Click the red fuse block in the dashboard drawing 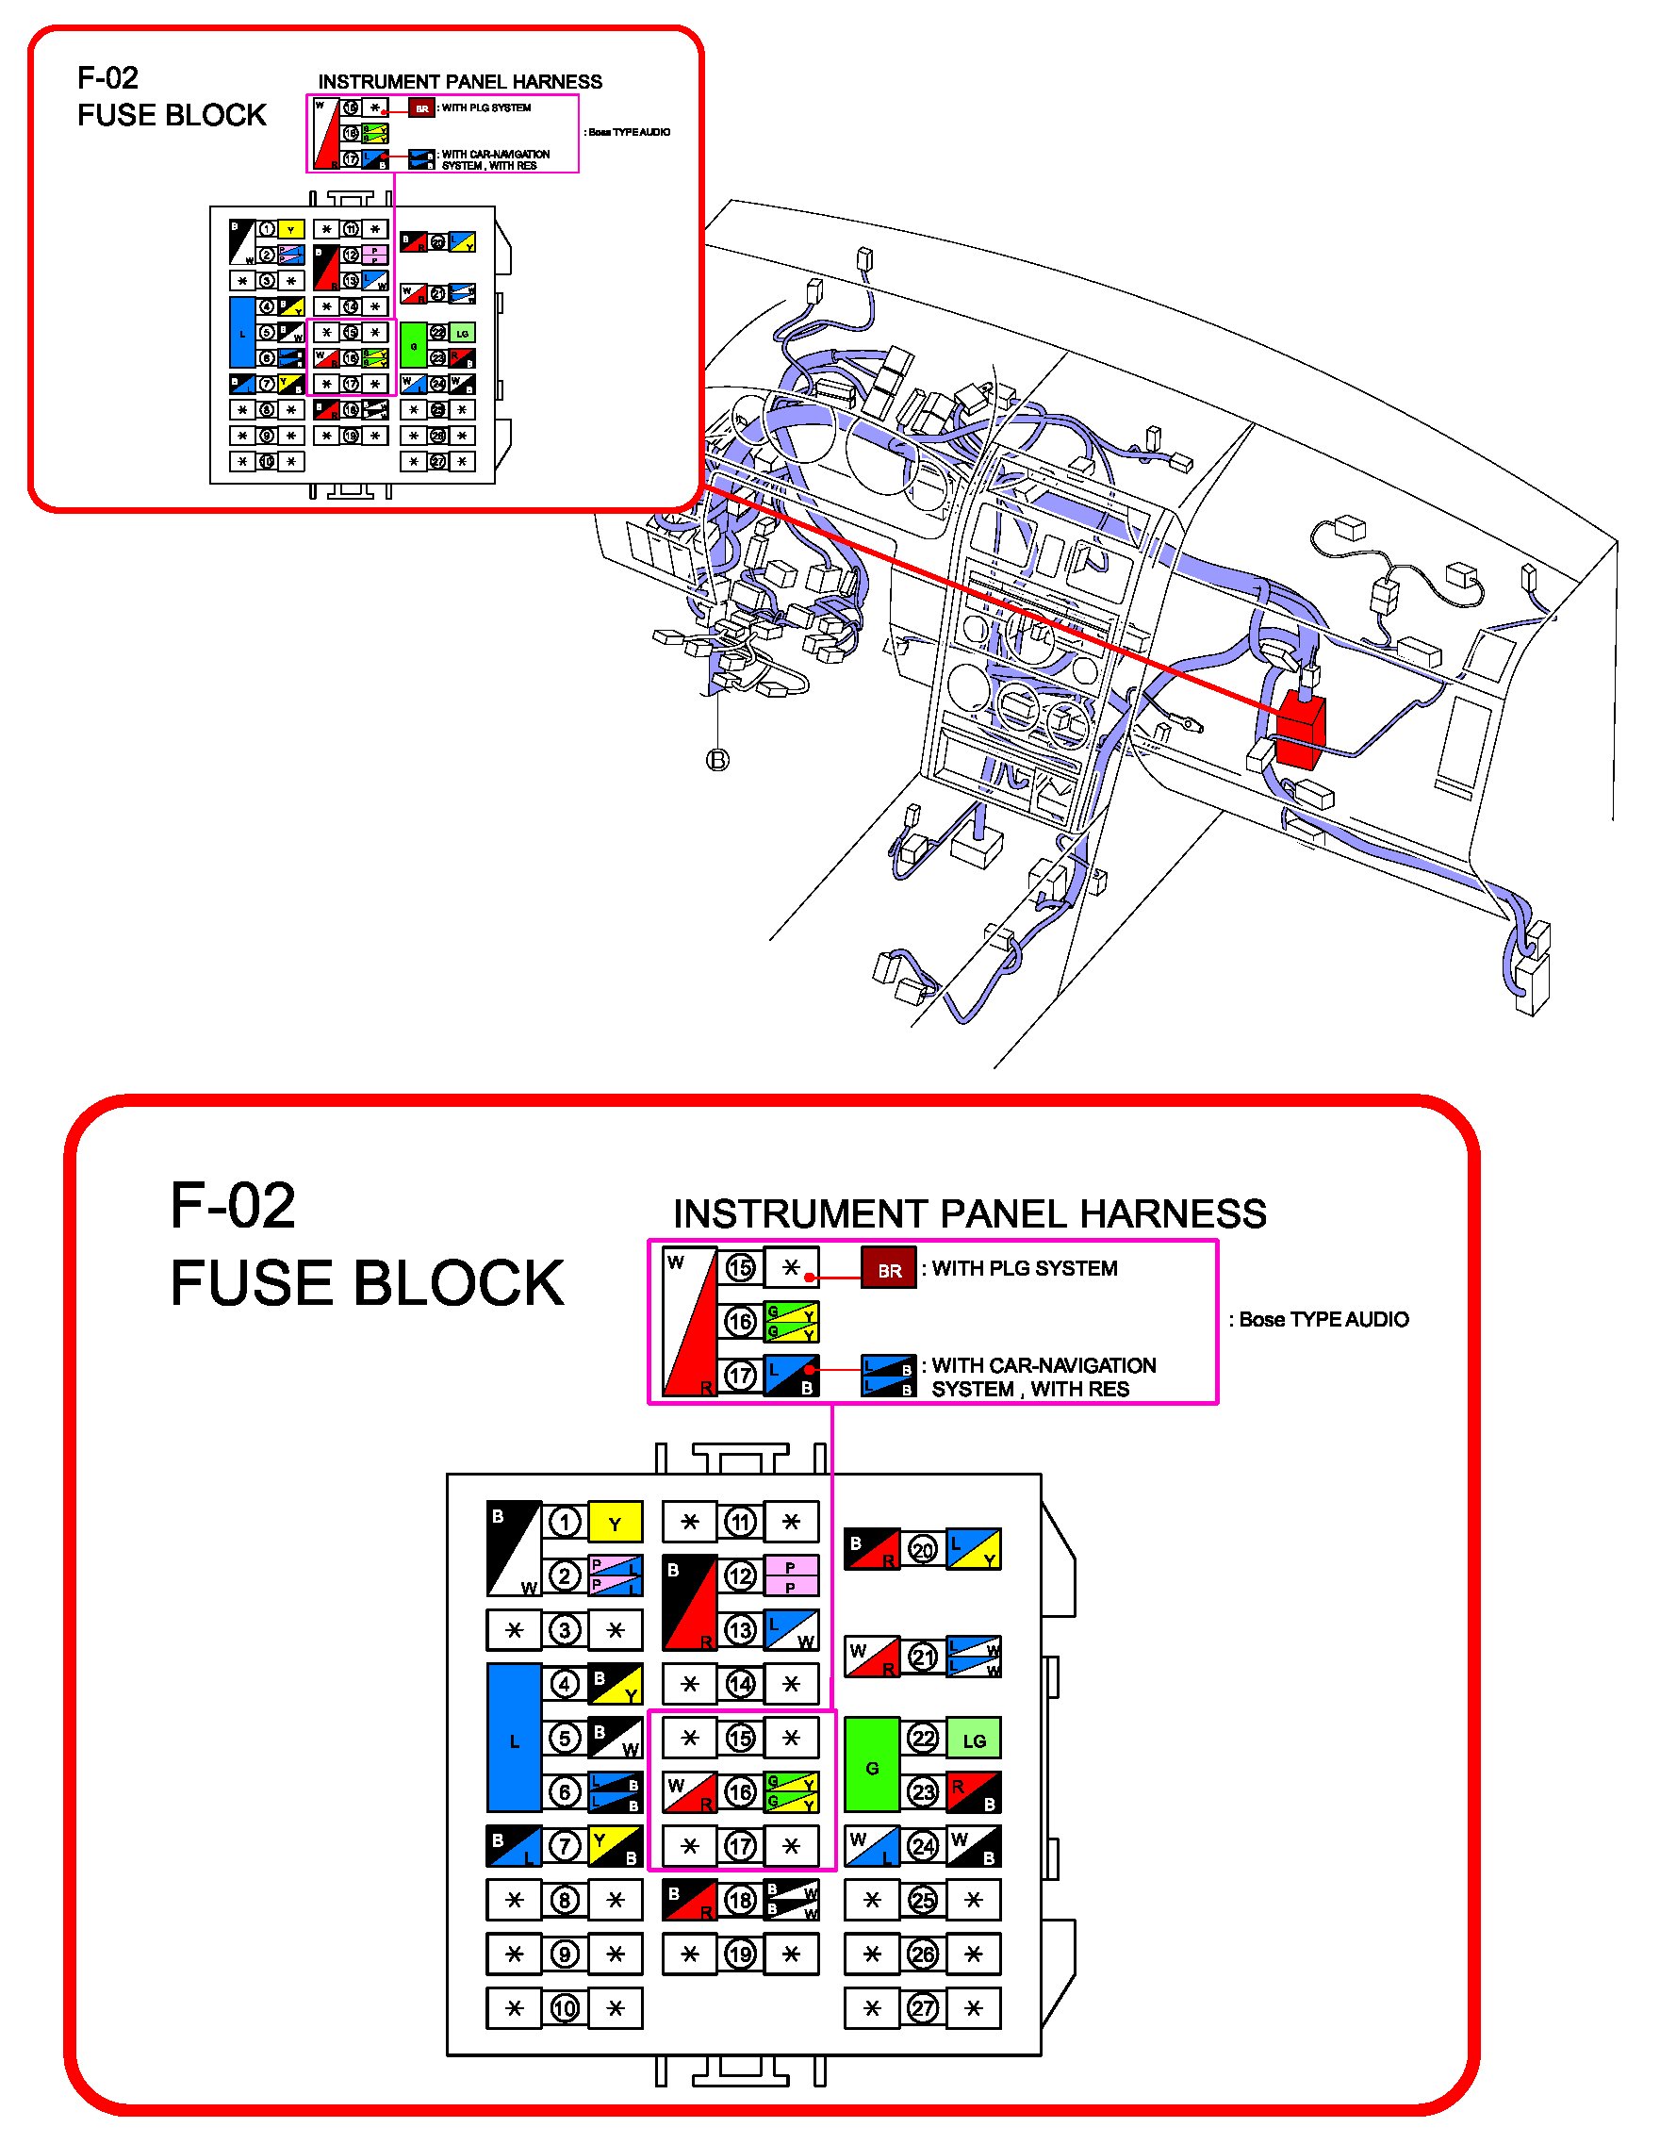tap(1300, 733)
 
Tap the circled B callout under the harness tap(718, 760)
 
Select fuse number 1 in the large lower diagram tap(564, 1523)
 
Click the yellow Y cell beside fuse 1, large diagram tap(616, 1523)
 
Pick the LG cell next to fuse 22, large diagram tap(974, 1740)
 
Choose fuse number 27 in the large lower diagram tap(923, 2008)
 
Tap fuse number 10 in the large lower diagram tap(565, 2008)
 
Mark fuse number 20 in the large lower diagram tap(923, 1550)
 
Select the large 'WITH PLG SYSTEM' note tap(1024, 1268)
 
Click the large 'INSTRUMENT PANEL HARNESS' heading tap(969, 1213)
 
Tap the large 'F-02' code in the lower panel tap(233, 1206)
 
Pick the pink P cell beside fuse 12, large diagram tap(790, 1576)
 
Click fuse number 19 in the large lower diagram tap(740, 1954)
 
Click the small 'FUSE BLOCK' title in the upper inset tap(172, 115)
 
